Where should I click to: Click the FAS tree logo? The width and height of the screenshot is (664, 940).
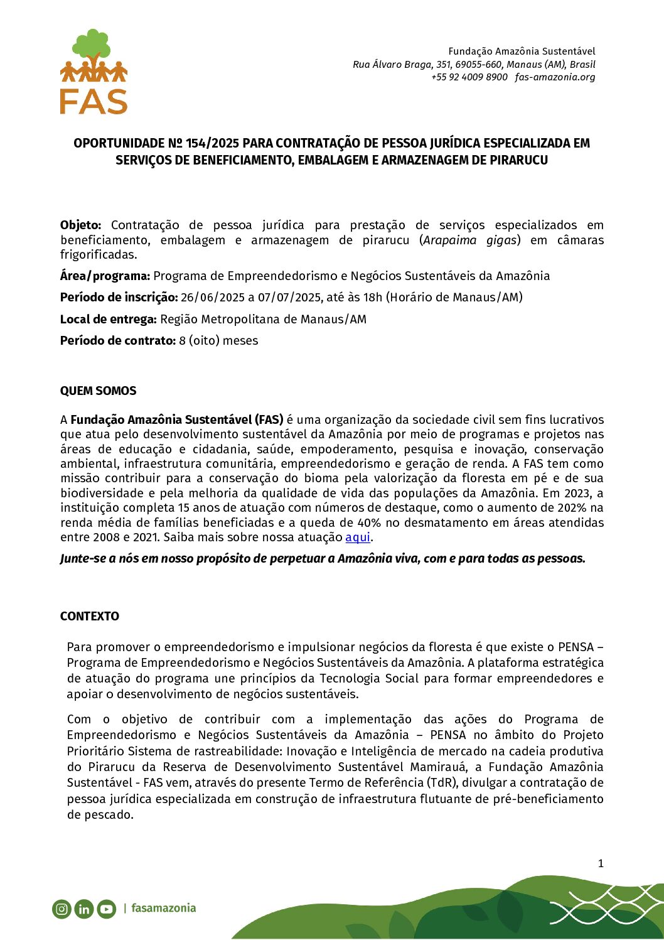[x=94, y=72]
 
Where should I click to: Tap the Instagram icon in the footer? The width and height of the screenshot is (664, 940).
[x=62, y=909]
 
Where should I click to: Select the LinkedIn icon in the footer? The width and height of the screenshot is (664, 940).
[x=84, y=909]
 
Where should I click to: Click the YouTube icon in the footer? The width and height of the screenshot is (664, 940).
[x=107, y=909]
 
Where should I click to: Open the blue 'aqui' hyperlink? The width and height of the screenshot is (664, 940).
[x=358, y=538]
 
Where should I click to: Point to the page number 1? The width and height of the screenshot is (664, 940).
[x=601, y=863]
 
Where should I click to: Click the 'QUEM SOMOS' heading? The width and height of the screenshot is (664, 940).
[x=98, y=391]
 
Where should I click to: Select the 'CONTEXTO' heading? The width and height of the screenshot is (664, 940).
[x=90, y=616]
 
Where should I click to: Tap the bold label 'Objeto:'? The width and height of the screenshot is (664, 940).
[x=80, y=225]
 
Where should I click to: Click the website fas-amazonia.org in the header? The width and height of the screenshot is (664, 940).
[x=555, y=77]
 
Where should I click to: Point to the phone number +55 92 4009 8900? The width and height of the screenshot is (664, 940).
[x=469, y=77]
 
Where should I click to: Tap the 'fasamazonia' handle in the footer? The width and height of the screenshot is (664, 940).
[x=164, y=908]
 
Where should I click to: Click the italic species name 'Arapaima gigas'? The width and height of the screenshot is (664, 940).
[x=470, y=240]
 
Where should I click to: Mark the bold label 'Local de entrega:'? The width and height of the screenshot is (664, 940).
[x=108, y=319]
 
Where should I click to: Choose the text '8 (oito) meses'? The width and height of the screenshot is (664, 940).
[x=218, y=340]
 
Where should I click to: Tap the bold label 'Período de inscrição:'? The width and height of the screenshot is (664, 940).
[x=119, y=297]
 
